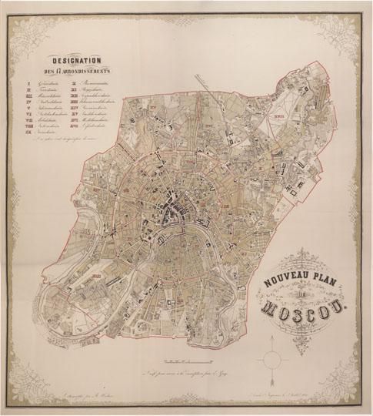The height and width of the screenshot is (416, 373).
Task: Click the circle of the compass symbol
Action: tap(275, 359)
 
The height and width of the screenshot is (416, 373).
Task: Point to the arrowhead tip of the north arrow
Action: tap(275, 345)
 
